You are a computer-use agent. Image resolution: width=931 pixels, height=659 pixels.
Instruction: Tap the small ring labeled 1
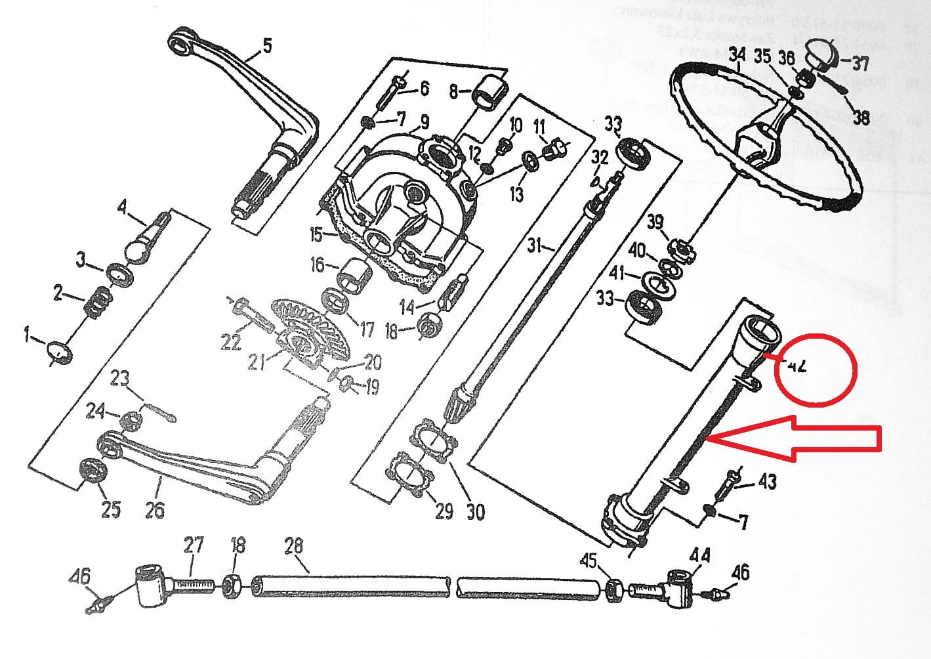pos(60,351)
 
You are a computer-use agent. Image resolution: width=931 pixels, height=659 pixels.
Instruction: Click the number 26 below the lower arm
pos(155,509)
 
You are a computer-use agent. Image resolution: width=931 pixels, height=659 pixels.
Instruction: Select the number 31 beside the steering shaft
pos(535,245)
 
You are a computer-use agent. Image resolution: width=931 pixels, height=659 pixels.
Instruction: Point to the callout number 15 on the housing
pos(317,234)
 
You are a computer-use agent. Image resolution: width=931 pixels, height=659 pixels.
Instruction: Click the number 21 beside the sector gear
pos(257,362)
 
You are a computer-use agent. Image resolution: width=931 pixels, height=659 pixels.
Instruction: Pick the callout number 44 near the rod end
pos(699,555)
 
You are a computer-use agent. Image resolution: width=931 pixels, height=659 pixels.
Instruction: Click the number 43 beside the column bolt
pos(767,481)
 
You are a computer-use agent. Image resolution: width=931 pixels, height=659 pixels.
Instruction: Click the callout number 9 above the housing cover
pos(424,121)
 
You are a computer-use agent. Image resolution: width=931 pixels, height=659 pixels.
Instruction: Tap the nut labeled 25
pos(92,473)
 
